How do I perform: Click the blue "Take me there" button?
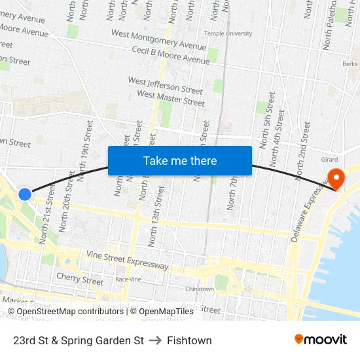pyautogui.click(x=180, y=161)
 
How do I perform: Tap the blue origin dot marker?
pyautogui.click(x=25, y=194)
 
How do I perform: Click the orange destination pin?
pyautogui.click(x=338, y=178)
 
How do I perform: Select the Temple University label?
pyautogui.click(x=228, y=33)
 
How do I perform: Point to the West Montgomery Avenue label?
pyautogui.click(x=158, y=39)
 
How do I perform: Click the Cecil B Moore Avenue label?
pyautogui.click(x=170, y=55)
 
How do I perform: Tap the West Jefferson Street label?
pyautogui.click(x=165, y=85)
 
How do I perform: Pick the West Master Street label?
pyautogui.click(x=171, y=98)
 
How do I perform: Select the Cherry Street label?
pyautogui.click(x=80, y=278)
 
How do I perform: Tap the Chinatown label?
pyautogui.click(x=200, y=289)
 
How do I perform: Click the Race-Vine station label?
pyautogui.click(x=128, y=279)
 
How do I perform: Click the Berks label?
pyautogui.click(x=350, y=64)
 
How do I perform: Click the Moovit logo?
pyautogui.click(x=320, y=340)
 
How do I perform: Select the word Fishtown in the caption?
pyautogui.click(x=189, y=340)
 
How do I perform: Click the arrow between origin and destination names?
pyautogui.click(x=155, y=340)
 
